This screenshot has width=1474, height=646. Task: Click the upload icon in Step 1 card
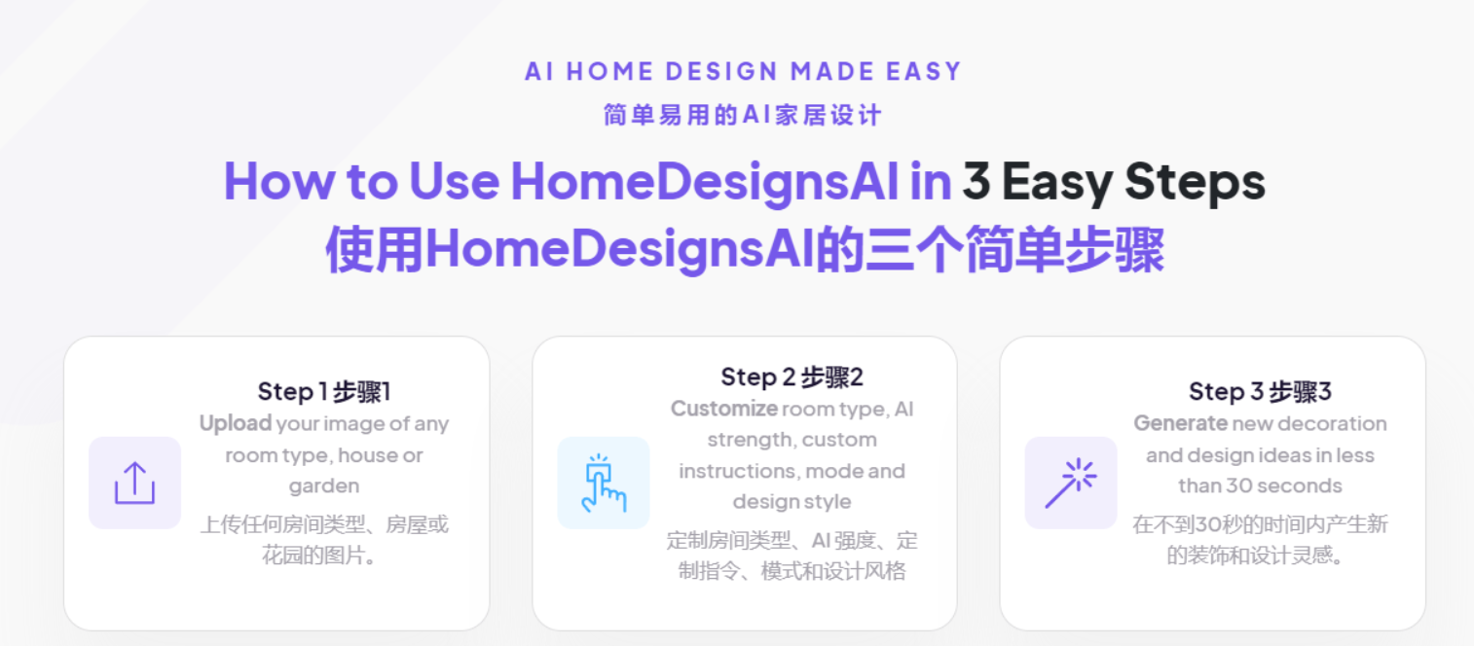pos(134,483)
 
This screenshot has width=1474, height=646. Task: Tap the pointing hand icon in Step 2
pos(604,483)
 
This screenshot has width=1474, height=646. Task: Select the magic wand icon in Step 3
pos(1070,483)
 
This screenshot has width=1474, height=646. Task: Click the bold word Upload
pos(235,424)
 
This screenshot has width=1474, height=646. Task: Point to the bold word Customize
pos(723,409)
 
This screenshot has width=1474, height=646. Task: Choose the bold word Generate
pos(1180,424)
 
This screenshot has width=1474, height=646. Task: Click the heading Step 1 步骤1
pos(323,392)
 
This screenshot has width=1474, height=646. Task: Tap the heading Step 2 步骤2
pos(792,377)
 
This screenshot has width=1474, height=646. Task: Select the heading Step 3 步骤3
pos(1260,392)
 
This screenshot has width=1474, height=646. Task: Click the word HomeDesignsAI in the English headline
pos(704,181)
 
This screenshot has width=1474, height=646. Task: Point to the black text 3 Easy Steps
pos(1113,181)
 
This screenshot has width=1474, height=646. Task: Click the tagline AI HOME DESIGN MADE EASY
pos(743,72)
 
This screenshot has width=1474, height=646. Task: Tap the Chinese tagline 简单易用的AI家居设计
pos(743,115)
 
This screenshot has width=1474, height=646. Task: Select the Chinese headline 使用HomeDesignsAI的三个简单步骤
pos(745,251)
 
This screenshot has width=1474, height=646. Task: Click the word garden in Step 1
pos(324,486)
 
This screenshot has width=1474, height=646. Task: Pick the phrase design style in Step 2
pos(792,502)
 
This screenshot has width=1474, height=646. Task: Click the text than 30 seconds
pos(1260,486)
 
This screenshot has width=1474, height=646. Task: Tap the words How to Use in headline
pos(360,181)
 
